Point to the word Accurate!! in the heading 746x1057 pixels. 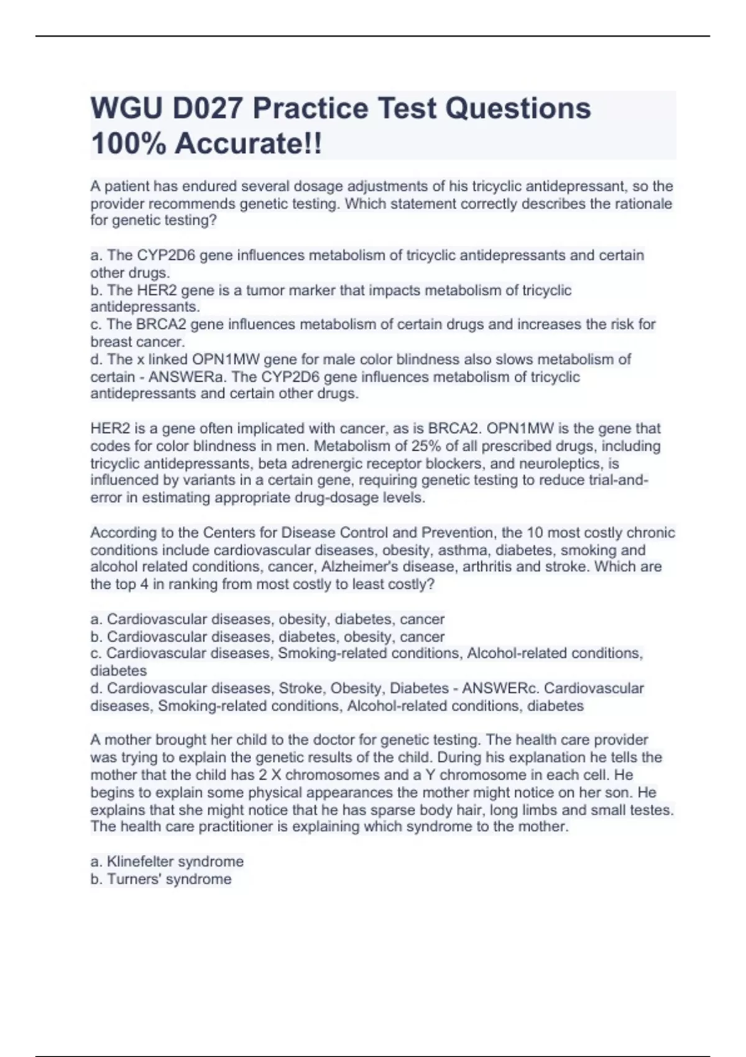249,144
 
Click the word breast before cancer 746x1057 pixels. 112,342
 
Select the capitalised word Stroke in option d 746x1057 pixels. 300,688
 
